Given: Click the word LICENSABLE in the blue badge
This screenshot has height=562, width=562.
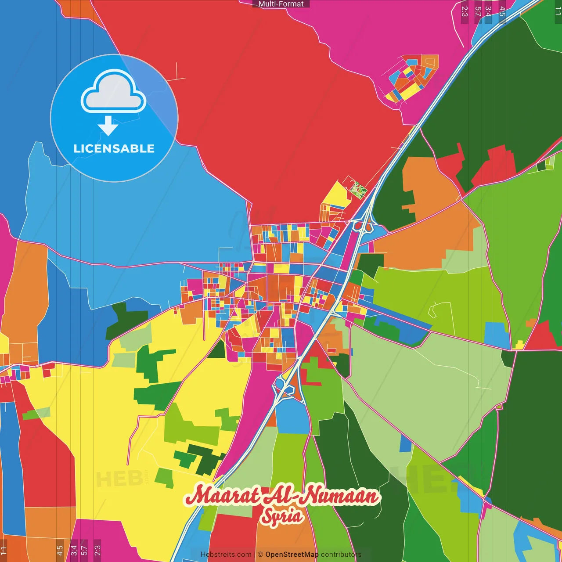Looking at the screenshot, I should (114, 148).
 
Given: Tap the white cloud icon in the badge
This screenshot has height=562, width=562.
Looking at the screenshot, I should (113, 91).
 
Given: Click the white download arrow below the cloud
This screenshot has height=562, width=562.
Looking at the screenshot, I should (108, 126).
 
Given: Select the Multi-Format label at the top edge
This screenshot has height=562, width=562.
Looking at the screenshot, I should (281, 4).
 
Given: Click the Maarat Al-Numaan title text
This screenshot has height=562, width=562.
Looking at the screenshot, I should (281, 495).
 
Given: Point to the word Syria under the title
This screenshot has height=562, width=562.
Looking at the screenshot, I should (281, 516).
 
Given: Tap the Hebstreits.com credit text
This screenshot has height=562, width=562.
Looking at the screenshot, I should (226, 555).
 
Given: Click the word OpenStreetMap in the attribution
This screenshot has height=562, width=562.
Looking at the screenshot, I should (292, 555).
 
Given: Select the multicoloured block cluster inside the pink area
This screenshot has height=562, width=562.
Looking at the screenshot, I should (411, 78).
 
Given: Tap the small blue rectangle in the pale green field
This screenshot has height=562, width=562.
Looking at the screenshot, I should (405, 444).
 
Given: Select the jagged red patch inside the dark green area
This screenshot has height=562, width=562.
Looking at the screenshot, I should (494, 165).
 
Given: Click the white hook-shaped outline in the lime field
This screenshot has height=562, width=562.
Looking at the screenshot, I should (432, 310).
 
